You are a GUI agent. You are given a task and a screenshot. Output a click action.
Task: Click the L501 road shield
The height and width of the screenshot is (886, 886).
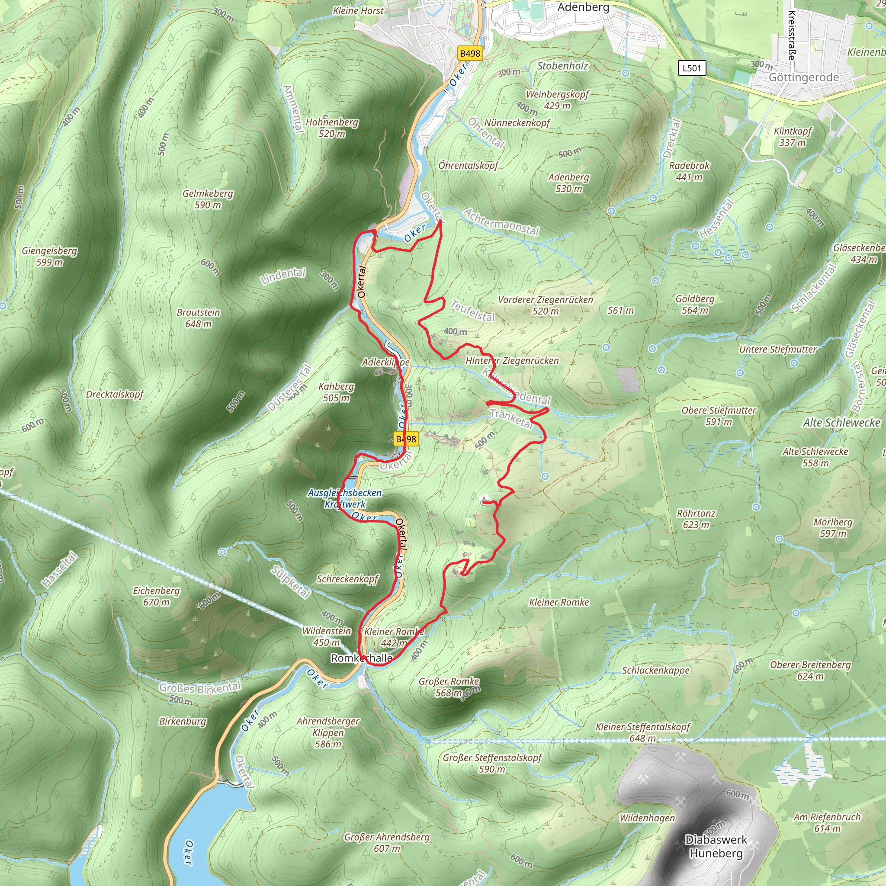click(x=692, y=68)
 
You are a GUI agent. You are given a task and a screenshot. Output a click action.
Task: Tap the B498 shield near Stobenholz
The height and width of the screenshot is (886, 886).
click(x=470, y=53)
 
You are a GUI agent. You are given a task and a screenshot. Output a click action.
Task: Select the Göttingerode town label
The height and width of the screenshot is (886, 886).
click(x=803, y=77)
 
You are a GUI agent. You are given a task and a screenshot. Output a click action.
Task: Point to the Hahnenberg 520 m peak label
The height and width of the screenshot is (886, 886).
click(x=332, y=128)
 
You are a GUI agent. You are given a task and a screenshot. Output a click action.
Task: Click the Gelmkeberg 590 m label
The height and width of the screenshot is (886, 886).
click(x=208, y=199)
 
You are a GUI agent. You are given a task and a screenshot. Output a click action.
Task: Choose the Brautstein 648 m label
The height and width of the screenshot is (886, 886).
click(x=199, y=318)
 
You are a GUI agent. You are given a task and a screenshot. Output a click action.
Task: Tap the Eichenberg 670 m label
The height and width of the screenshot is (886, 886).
click(x=156, y=596)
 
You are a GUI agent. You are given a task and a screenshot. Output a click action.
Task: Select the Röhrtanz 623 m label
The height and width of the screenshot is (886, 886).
click(x=696, y=519)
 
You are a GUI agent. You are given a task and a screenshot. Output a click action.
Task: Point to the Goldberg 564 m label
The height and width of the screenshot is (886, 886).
click(x=695, y=305)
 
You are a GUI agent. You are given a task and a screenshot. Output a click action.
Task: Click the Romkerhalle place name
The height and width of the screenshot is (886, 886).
click(x=361, y=658)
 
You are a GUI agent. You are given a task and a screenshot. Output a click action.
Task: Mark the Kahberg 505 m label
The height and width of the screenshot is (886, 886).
click(x=336, y=392)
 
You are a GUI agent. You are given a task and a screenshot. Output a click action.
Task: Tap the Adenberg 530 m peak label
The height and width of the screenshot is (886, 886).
click(x=568, y=183)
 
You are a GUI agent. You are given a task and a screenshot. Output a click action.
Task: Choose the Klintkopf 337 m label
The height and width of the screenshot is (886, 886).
click(x=793, y=137)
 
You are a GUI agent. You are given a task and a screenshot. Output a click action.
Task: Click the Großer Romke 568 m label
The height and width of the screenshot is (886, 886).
click(x=449, y=687)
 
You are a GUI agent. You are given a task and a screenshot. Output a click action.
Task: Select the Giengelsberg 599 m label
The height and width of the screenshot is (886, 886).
click(x=49, y=257)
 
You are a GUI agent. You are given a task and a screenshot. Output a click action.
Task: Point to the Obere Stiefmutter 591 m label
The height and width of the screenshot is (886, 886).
click(x=719, y=416)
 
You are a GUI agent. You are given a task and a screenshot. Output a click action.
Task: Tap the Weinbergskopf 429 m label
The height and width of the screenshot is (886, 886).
click(x=557, y=100)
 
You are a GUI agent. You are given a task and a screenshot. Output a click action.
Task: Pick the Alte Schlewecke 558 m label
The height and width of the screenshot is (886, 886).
click(x=815, y=457)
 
